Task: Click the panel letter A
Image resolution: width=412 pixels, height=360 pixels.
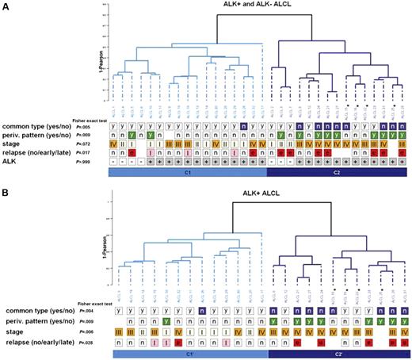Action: pos(5,6)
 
